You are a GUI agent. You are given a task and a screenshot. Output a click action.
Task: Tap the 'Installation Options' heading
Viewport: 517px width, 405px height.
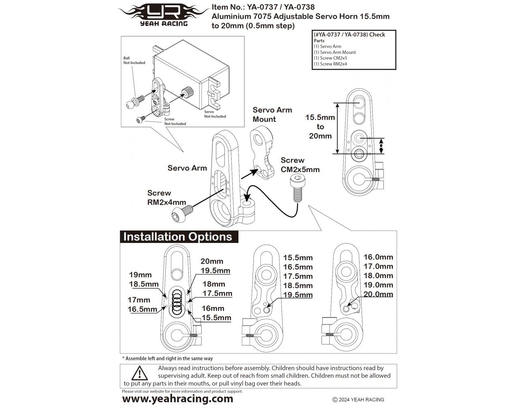(x=178, y=237)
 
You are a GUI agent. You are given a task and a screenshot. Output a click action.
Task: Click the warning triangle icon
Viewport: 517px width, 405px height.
(x=139, y=373)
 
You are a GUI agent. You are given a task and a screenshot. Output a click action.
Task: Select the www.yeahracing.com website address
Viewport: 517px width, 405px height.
(x=177, y=399)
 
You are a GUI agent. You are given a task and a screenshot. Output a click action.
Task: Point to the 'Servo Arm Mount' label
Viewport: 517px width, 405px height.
(x=272, y=115)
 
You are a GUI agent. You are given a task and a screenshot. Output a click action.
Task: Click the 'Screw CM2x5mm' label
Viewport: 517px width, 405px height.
(x=300, y=165)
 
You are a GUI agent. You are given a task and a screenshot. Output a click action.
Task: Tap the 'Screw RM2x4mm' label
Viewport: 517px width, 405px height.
(x=166, y=198)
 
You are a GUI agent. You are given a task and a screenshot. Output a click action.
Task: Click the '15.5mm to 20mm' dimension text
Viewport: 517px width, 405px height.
(x=320, y=127)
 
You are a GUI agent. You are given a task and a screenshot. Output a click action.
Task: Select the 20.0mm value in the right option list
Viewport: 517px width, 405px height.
(x=378, y=294)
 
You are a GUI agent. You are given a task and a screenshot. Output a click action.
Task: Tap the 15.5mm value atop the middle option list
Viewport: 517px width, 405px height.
(x=298, y=258)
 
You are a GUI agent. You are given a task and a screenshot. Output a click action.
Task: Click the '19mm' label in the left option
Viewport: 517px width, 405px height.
(x=140, y=275)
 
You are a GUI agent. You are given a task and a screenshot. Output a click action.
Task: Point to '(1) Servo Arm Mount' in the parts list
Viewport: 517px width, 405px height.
(x=334, y=52)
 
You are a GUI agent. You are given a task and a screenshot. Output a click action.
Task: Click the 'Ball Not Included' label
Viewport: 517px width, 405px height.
(x=134, y=60)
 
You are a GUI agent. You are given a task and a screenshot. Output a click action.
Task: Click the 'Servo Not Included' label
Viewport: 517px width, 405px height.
(x=215, y=114)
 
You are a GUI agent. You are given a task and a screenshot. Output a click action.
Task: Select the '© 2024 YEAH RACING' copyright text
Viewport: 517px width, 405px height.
(x=358, y=399)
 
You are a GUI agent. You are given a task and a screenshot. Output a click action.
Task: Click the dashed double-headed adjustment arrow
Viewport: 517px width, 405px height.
(x=381, y=146)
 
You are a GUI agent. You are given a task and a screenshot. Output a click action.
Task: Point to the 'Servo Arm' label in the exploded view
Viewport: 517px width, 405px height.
(x=187, y=168)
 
